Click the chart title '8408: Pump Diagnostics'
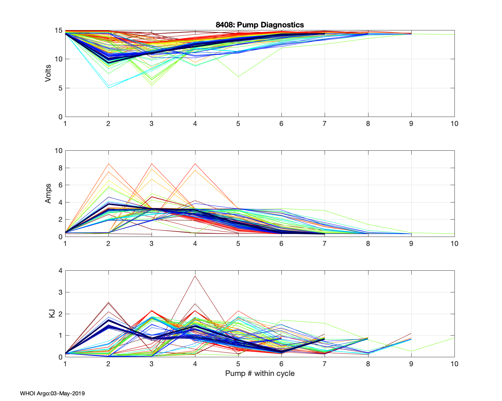click(x=260, y=25)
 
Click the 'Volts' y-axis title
click(x=48, y=74)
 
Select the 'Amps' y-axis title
click(x=48, y=193)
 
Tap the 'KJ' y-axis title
click(x=52, y=314)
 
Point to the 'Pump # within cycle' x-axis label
click(x=260, y=373)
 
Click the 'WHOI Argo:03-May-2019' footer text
click(x=52, y=393)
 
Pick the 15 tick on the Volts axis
click(x=59, y=31)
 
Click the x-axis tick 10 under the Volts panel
click(x=454, y=124)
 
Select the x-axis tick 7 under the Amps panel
click(x=325, y=244)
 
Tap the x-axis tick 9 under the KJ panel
click(x=411, y=364)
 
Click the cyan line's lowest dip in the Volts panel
click(x=108, y=88)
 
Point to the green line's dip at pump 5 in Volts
click(x=238, y=77)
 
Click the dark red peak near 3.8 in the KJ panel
click(x=195, y=276)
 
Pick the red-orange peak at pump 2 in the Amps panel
click(x=108, y=164)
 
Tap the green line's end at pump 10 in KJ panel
click(x=454, y=338)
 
